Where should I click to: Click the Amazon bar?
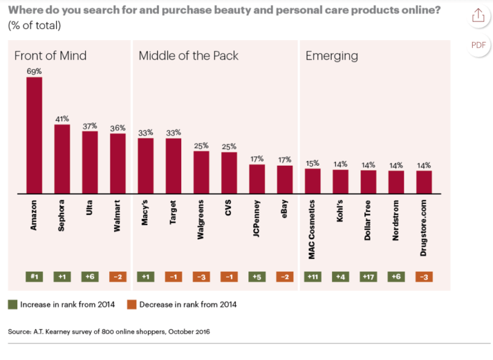(x=34, y=135)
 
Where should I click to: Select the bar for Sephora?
(x=62, y=159)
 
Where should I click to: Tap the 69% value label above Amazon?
(x=34, y=72)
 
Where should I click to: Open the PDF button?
(x=478, y=45)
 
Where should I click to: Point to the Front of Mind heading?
(x=51, y=56)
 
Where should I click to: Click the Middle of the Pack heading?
(x=188, y=56)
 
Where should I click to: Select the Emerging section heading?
(x=332, y=56)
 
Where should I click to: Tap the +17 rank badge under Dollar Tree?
(x=369, y=277)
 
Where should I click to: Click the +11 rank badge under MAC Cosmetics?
(x=312, y=277)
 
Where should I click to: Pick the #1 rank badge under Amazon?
(x=34, y=277)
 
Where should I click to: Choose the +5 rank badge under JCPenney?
(x=256, y=277)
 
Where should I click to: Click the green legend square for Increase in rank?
(x=12, y=304)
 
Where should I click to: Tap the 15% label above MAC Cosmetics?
(x=312, y=163)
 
